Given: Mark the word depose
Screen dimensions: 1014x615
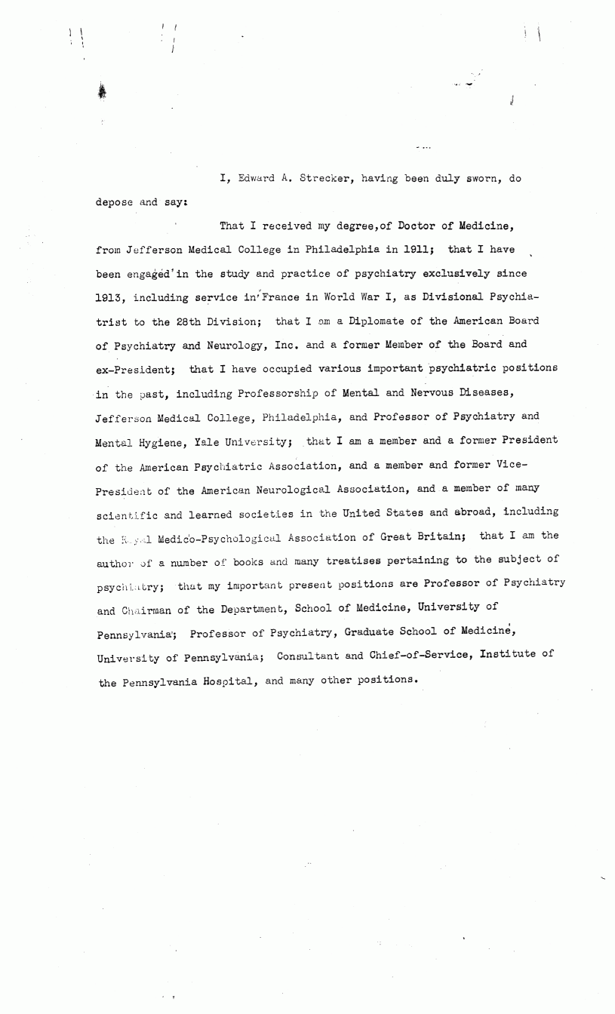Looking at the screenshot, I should [x=117, y=203].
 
